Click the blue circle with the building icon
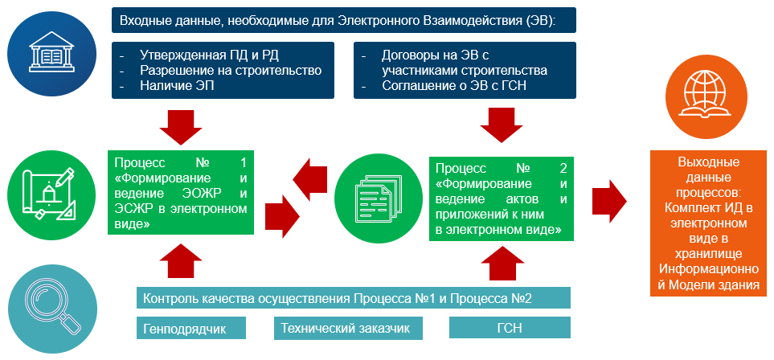pos(51,51)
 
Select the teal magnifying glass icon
pos(51,309)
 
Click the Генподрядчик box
pos(191,329)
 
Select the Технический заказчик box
pos(349,329)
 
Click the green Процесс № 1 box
pos(181,192)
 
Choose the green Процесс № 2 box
pos(502,199)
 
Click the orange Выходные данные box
pos(708,223)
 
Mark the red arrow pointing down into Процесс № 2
pos(502,125)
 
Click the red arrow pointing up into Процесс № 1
pos(181,260)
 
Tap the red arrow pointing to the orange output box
pos(609,202)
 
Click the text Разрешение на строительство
pos(231,70)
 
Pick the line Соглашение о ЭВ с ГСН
pos(454,85)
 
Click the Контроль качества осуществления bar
pos(354,298)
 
